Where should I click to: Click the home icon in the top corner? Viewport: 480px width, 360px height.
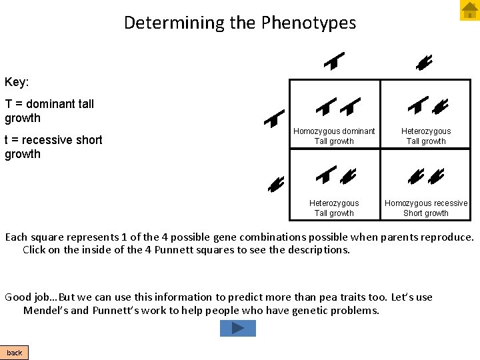pos(469,10)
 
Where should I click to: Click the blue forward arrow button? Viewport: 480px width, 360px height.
pos(238,328)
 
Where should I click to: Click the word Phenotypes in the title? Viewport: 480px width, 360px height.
pos(309,23)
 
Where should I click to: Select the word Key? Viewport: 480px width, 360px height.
pos(17,82)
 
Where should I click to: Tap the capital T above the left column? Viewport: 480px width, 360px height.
pos(333,61)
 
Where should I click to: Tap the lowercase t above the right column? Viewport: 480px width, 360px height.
pos(425,63)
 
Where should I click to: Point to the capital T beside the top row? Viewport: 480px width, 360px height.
pos(273,119)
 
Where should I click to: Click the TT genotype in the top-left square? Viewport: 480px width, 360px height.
pos(337,106)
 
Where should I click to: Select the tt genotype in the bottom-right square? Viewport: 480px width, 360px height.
pos(426,176)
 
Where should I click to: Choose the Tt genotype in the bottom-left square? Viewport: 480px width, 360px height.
pos(336,176)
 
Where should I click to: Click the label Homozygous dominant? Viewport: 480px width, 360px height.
pos(334,131)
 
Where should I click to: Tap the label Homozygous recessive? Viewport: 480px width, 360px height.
pos(426,203)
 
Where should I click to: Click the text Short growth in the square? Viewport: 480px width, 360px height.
pos(426,213)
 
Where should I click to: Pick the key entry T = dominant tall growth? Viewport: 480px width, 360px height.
pos(49,111)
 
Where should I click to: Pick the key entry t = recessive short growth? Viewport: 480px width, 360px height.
pos(53,147)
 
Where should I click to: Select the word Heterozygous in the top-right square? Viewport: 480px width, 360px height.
pos(426,131)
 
